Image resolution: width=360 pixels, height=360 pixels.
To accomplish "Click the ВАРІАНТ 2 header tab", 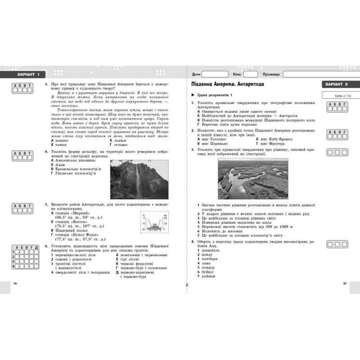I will [340, 84].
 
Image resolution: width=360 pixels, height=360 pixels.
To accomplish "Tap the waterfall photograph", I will [139, 174].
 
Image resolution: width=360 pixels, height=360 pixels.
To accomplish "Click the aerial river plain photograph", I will [252, 178].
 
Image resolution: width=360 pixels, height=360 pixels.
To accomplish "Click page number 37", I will [345, 283].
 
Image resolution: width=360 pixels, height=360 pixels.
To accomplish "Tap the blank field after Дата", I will [215, 74].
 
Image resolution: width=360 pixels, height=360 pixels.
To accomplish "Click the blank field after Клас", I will [251, 74].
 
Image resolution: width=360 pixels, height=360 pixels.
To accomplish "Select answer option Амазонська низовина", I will [75, 160].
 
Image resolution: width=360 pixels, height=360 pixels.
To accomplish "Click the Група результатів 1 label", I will [214, 95].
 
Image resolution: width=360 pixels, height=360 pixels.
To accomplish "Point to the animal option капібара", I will [209, 259].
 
